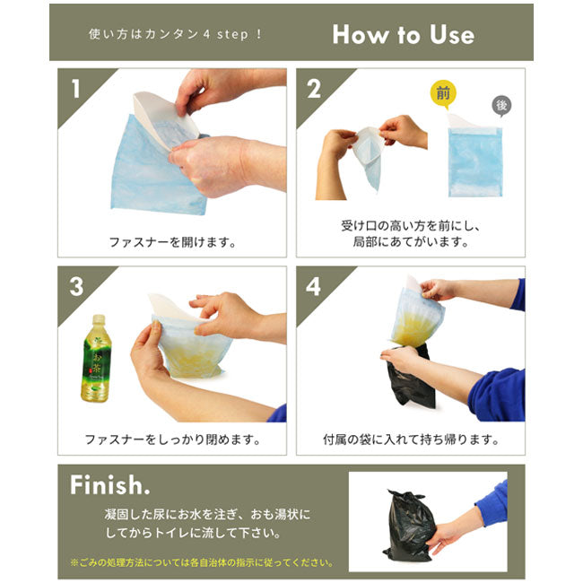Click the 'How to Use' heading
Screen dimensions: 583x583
[403, 34]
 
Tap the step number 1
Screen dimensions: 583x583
[76, 89]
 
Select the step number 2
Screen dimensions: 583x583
[314, 89]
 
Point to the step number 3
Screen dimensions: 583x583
[76, 287]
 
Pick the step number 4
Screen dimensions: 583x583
[313, 287]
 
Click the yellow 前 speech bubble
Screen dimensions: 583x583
[443, 94]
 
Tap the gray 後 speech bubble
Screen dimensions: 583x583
[501, 106]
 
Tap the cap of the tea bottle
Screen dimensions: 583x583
[99, 318]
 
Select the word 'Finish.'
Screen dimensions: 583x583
[109, 485]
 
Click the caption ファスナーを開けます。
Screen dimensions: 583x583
[172, 242]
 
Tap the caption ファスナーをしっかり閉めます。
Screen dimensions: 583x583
[172, 439]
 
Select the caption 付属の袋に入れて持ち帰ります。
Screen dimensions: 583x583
[411, 439]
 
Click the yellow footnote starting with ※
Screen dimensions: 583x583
[202, 562]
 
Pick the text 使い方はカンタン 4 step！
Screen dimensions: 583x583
[176, 34]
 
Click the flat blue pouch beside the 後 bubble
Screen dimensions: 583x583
[475, 161]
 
